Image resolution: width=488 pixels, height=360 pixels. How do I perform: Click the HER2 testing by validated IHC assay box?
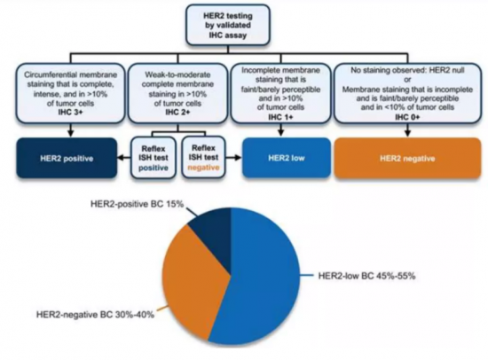click(228, 25)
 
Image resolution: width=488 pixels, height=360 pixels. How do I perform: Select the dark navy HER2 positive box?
click(67, 158)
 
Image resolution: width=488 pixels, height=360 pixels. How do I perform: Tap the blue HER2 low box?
click(287, 158)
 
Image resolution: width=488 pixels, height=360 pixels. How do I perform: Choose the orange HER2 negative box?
click(407, 158)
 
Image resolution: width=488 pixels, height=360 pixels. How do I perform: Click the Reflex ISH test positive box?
click(153, 158)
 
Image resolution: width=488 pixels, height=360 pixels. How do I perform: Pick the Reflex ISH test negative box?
click(203, 158)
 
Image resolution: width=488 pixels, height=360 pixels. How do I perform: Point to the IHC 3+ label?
click(70, 113)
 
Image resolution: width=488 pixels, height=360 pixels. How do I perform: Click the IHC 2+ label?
click(177, 113)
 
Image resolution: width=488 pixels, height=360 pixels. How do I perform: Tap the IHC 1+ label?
click(280, 117)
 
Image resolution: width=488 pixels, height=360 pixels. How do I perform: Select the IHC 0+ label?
click(407, 117)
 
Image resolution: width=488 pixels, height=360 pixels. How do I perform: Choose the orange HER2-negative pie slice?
click(193, 280)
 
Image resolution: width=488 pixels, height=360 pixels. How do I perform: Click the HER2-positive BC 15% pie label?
click(137, 204)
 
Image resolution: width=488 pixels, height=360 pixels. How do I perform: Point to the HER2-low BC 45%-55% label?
click(366, 276)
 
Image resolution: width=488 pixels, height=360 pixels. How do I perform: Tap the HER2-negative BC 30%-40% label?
click(95, 315)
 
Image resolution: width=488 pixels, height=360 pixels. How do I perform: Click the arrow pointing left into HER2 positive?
click(124, 158)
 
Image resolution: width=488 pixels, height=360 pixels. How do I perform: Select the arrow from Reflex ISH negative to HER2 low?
click(233, 158)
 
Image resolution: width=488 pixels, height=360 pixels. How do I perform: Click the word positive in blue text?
click(153, 168)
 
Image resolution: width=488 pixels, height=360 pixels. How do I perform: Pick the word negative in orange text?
click(203, 168)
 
